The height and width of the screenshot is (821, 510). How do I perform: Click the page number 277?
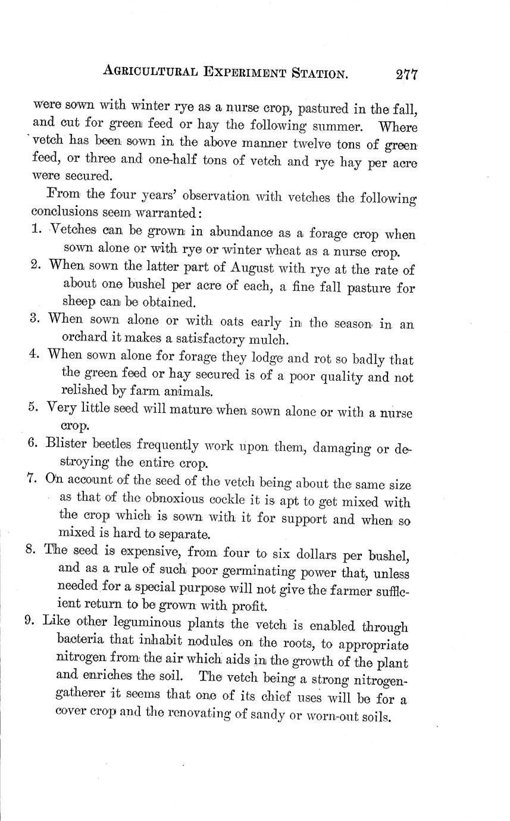point(406,74)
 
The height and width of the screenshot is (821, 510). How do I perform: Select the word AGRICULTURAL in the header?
point(152,71)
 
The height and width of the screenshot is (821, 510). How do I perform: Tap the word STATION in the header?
point(315,74)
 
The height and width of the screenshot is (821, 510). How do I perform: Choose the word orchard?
point(83,340)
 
